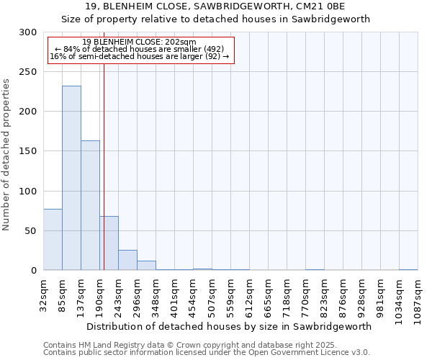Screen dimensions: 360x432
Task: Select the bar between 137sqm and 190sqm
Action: [x=90, y=205]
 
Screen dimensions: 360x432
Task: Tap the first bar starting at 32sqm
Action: [x=53, y=239]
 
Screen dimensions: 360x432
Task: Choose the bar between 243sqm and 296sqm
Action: [x=127, y=260]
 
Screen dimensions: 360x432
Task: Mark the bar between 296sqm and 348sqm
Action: [x=146, y=265]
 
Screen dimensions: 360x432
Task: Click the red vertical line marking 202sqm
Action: [x=104, y=158]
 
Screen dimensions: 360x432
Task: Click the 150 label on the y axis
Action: [x=28, y=151]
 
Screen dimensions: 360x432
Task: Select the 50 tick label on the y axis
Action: [x=31, y=231]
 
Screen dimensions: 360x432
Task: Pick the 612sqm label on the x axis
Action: [x=249, y=294]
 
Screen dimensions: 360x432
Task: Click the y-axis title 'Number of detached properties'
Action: [x=6, y=154]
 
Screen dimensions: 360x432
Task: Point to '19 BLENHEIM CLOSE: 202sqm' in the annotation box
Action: [x=139, y=42]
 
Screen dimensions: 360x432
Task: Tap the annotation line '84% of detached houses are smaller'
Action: [x=139, y=49]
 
